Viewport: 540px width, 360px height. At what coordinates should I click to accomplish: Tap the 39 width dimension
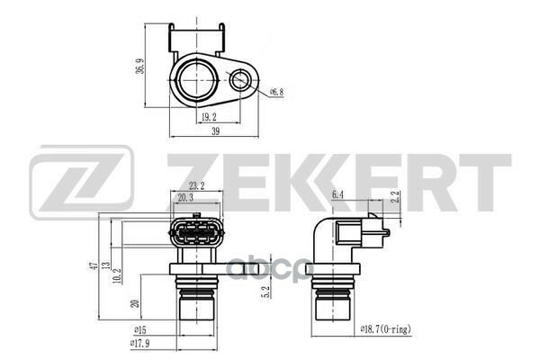216,131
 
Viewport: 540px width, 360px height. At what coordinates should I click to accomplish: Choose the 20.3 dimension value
187,197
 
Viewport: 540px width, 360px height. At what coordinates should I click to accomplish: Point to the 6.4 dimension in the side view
338,193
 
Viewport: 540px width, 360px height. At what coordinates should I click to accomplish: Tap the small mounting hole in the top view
239,84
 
